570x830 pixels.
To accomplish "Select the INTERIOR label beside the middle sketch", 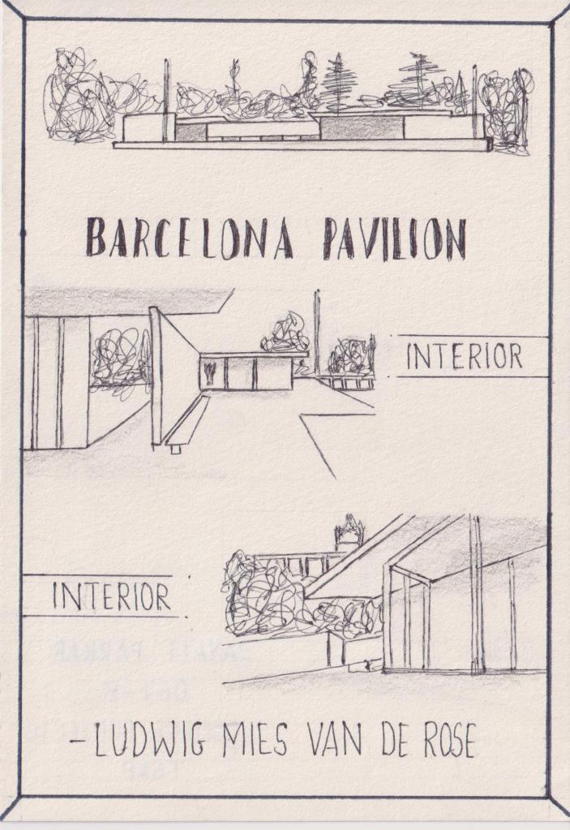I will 464,357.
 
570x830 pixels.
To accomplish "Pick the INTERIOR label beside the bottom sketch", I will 111,596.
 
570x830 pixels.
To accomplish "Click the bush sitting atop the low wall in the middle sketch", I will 285,333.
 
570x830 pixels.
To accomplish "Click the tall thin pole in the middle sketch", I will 317,329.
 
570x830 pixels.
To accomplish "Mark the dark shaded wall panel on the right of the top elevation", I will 361,127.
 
